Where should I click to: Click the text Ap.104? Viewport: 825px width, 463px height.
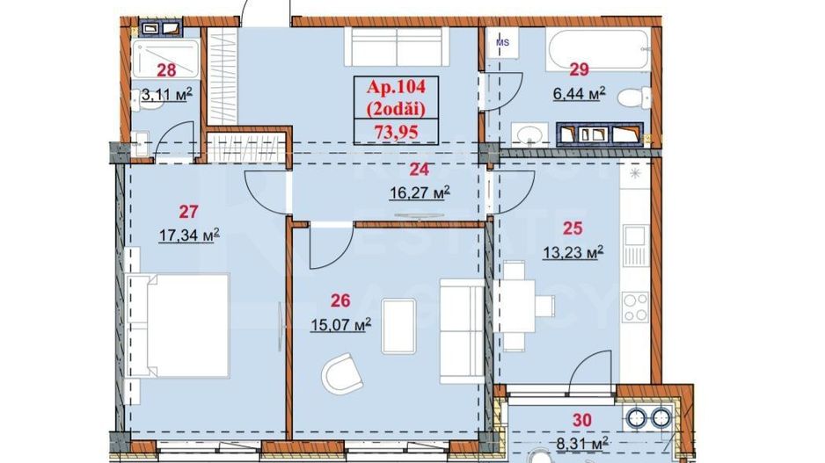click(394, 87)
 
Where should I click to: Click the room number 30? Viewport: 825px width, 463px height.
click(580, 421)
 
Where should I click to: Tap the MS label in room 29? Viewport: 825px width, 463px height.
click(503, 41)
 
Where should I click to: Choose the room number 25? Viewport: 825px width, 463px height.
click(573, 228)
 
